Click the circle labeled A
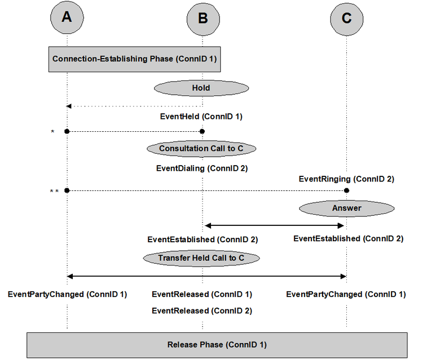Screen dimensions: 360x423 tap(67, 19)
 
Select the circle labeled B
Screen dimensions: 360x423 tap(202, 19)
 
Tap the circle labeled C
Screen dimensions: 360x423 tap(346, 19)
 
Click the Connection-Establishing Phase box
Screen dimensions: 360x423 tap(134, 59)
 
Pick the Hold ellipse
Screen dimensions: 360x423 tap(202, 88)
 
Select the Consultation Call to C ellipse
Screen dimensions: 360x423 tap(201, 149)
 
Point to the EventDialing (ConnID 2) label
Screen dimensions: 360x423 tap(202, 168)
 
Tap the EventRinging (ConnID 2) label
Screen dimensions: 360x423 tap(346, 179)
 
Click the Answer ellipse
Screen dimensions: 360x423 tap(346, 208)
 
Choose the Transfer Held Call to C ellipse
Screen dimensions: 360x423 tap(201, 258)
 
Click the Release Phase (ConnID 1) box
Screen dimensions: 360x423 tap(217, 344)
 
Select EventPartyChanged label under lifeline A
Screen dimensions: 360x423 tap(67, 294)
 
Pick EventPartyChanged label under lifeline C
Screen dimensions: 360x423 tap(346, 294)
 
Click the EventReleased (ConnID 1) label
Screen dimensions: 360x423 tap(202, 294)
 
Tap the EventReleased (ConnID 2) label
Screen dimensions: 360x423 tap(202, 310)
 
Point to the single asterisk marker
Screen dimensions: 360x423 tap(52, 132)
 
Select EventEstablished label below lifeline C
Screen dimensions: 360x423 tap(348, 238)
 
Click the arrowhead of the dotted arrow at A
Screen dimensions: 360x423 tap(69, 106)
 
